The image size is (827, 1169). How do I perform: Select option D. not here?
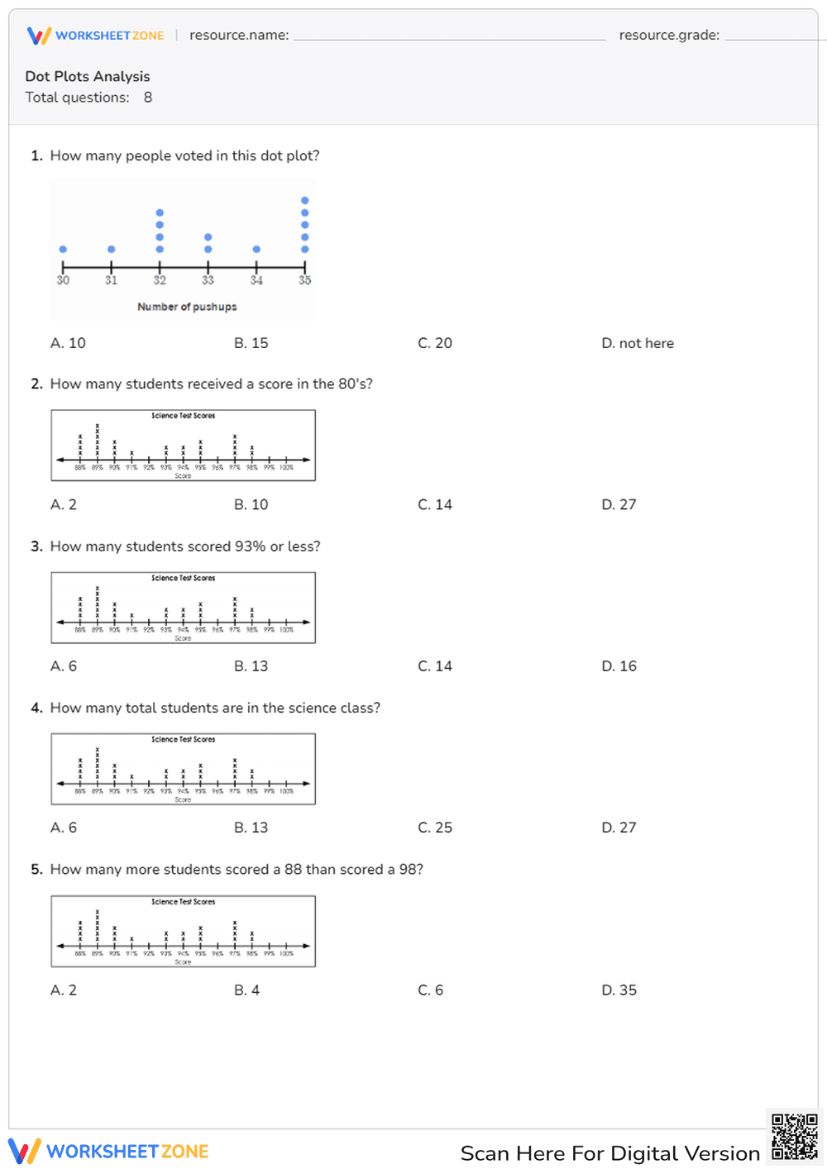(x=637, y=343)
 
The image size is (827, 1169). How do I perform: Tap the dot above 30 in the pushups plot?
(x=63, y=249)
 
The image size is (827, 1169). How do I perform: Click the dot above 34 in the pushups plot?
(x=256, y=249)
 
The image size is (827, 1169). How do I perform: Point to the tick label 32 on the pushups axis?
(x=160, y=280)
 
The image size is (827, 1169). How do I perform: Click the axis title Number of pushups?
(x=187, y=307)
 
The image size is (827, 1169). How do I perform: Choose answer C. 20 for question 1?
(x=435, y=343)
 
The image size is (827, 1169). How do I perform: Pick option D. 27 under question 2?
(x=619, y=504)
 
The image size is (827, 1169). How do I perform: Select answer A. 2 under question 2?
(x=64, y=504)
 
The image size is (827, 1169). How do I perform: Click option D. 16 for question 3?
(x=619, y=666)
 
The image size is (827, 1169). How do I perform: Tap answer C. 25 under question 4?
(x=435, y=828)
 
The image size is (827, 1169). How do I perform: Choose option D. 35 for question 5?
(x=619, y=990)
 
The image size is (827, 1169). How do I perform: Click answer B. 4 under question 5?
(x=246, y=990)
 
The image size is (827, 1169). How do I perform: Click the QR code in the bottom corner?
(x=794, y=1138)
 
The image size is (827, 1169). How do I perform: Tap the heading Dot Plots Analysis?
(x=88, y=76)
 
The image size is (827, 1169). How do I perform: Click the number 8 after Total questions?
(x=148, y=98)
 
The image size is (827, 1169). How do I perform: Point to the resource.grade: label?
(x=669, y=36)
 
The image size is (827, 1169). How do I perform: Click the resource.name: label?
(x=239, y=36)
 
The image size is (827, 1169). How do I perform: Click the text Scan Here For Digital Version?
(x=609, y=1153)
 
